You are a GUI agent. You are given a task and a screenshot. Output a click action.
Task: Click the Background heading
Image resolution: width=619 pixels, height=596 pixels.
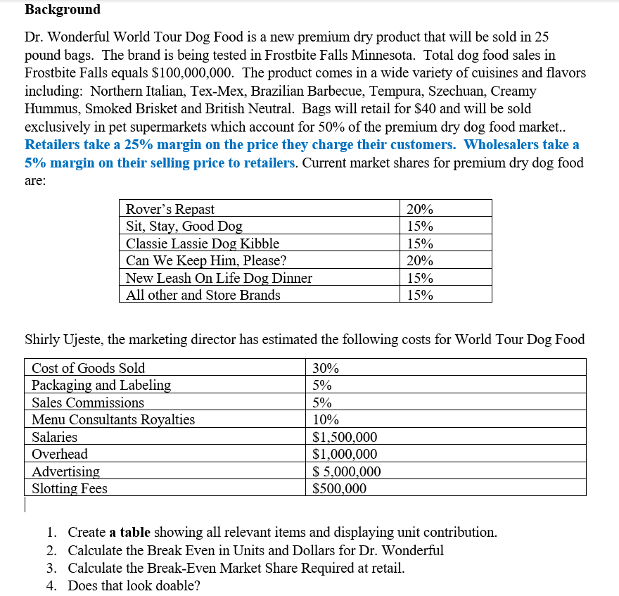tap(63, 10)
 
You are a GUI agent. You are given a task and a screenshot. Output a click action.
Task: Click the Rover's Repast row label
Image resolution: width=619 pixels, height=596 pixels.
tap(170, 209)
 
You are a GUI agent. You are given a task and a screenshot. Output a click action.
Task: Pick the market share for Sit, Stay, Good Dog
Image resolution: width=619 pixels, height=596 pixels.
tap(420, 227)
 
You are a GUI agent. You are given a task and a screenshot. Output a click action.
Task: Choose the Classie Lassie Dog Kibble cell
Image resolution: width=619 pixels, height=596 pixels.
tap(203, 243)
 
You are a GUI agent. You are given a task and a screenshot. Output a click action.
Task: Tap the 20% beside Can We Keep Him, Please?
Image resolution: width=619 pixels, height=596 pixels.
tap(420, 260)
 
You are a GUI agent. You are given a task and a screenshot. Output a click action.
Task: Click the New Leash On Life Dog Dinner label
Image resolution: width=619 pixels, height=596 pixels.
tap(219, 278)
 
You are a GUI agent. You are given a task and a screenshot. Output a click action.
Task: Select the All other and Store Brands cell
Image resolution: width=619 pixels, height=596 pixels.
tap(203, 295)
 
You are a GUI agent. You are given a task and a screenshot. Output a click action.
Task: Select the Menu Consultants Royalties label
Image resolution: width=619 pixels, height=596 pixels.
tap(113, 420)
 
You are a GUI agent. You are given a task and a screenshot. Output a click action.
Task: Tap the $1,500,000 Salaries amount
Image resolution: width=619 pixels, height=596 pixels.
tap(345, 437)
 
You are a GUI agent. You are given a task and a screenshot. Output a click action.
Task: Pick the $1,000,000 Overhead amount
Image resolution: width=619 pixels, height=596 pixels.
tap(345, 455)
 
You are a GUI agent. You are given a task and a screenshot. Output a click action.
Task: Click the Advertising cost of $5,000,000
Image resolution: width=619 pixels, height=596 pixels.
tap(347, 471)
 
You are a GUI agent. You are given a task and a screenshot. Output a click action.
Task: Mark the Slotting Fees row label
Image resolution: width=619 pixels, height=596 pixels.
tap(70, 488)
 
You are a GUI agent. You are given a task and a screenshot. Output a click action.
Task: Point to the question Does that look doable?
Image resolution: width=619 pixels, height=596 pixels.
tap(134, 585)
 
